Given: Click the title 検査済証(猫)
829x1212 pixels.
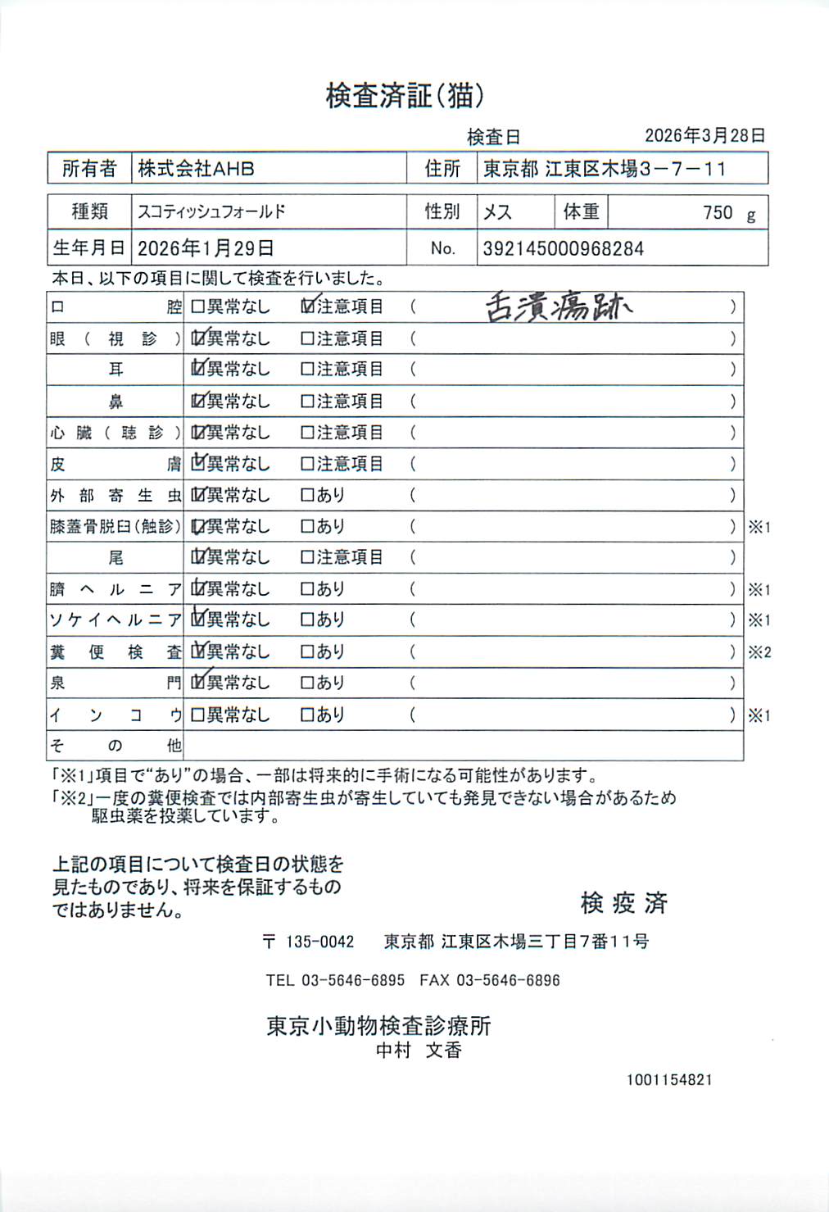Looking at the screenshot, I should pyautogui.click(x=405, y=96).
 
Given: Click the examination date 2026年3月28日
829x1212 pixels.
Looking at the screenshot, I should pyautogui.click(x=704, y=136).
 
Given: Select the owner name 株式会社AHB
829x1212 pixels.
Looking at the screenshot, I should pyautogui.click(x=196, y=169).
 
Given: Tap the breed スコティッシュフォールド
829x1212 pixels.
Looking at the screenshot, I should pyautogui.click(x=211, y=212).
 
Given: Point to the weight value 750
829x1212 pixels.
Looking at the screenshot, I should pyautogui.click(x=717, y=213).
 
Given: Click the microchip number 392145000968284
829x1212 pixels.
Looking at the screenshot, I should pyautogui.click(x=563, y=249).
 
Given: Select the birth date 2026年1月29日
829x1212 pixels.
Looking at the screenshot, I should pyautogui.click(x=205, y=248).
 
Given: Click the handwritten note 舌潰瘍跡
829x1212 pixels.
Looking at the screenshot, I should pyautogui.click(x=559, y=307).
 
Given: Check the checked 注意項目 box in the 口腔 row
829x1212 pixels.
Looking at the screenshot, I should pyautogui.click(x=308, y=306).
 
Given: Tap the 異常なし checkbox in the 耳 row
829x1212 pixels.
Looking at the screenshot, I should pyautogui.click(x=197, y=370).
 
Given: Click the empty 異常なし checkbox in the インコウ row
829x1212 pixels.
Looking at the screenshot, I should pyautogui.click(x=197, y=715).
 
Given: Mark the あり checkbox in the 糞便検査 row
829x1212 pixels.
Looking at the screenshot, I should pyautogui.click(x=308, y=652).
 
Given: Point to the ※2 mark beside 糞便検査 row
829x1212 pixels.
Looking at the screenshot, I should pyautogui.click(x=759, y=653).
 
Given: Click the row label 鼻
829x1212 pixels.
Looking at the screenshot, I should pyautogui.click(x=116, y=402).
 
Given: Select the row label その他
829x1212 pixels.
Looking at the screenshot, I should pyautogui.click(x=116, y=746).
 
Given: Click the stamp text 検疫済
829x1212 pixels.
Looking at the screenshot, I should pyautogui.click(x=623, y=903).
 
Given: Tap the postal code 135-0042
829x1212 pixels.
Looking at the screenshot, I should pyautogui.click(x=319, y=942).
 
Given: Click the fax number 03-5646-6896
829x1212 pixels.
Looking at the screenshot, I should pyautogui.click(x=508, y=980).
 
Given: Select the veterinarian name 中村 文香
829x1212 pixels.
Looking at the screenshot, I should pyautogui.click(x=419, y=1051).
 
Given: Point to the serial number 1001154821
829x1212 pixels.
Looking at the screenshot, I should pyautogui.click(x=669, y=1080).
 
